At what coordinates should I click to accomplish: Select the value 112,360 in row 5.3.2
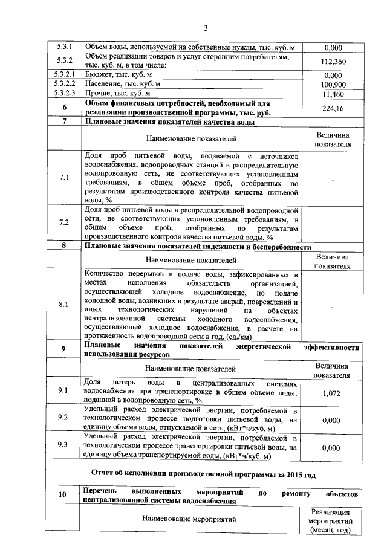333,62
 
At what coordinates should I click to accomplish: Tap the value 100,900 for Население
333,85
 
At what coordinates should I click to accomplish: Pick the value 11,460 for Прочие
333,95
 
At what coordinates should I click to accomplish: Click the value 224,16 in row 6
333,109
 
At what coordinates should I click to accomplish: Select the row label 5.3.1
64,47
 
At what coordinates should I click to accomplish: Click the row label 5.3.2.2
64,85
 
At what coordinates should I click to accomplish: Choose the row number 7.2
64,222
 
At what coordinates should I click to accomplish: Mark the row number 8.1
64,304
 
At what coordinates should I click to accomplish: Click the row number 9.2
64,418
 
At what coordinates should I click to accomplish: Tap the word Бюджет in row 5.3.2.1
98,75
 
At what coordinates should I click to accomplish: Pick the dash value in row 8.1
333,307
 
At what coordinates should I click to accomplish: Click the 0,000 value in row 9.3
333,448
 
